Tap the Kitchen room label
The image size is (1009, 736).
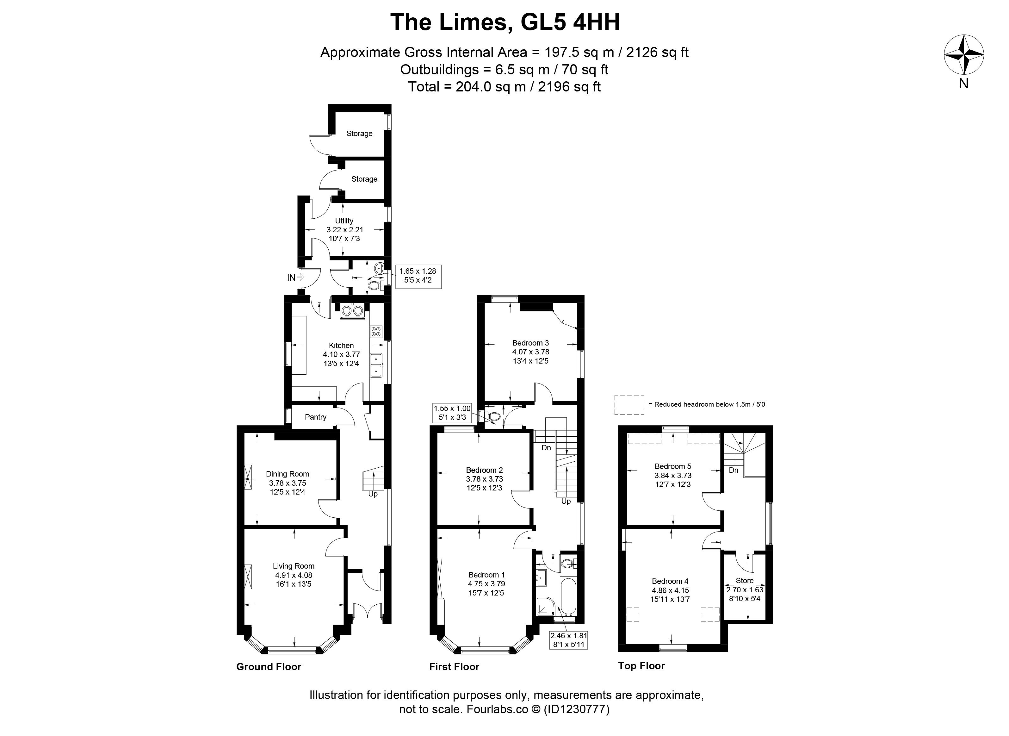[x=341, y=345]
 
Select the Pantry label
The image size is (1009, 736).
[x=316, y=417]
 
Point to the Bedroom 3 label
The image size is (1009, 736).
[x=530, y=343]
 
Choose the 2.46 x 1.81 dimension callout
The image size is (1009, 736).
[x=569, y=640]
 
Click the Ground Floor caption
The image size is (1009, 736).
[x=269, y=666]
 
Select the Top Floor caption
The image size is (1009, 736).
[x=641, y=666]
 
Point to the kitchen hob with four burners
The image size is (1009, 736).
[x=376, y=332]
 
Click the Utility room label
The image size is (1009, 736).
[x=344, y=221]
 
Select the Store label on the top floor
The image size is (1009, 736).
[x=745, y=581]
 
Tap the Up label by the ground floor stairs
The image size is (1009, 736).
[x=373, y=494]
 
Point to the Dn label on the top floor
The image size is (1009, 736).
[x=734, y=470]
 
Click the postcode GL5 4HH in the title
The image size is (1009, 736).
[x=570, y=22]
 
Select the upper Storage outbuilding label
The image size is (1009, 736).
[x=359, y=133]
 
